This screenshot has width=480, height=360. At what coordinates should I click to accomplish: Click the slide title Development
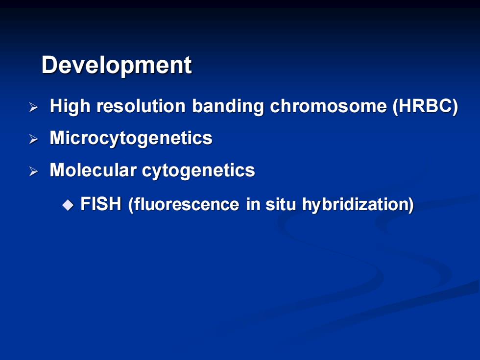coord(117,65)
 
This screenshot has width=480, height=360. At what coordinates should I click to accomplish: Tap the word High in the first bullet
coord(70,107)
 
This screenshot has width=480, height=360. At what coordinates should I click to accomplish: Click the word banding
coord(228,107)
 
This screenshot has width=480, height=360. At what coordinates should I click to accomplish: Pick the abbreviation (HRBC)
coord(426,107)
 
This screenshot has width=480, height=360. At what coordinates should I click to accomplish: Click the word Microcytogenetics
coord(131,138)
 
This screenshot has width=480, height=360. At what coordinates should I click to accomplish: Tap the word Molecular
coord(93,170)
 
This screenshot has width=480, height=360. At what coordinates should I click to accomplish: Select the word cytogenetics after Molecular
coord(198,171)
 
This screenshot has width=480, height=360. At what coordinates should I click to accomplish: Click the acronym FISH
coord(101,204)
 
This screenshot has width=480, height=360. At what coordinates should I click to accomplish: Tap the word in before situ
coord(253,204)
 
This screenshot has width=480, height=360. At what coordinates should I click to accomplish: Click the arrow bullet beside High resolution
coord(33,107)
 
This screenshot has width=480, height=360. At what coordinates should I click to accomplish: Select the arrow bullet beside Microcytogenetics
coord(33,139)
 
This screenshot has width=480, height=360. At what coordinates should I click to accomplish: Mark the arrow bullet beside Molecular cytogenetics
coord(33,171)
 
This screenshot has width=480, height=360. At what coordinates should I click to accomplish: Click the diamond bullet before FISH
coord(68,205)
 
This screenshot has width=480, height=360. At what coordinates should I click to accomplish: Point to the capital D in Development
coord(50,65)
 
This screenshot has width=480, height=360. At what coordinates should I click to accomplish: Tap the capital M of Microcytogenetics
coord(58,138)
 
